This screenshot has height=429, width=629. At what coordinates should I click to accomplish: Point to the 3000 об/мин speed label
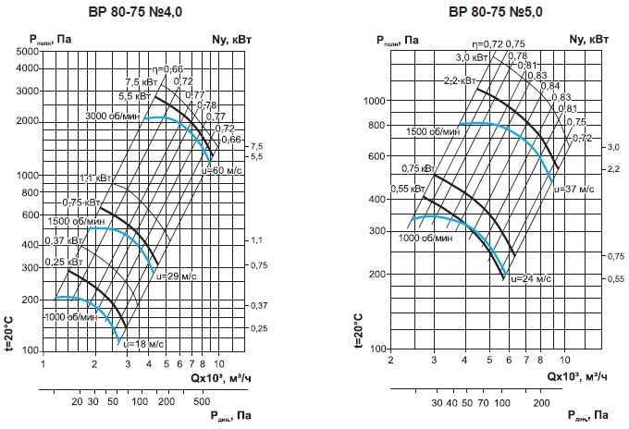click(111, 116)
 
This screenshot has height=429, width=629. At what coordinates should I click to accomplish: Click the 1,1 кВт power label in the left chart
click(94, 178)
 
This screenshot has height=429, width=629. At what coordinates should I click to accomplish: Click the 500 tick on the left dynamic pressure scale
click(201, 403)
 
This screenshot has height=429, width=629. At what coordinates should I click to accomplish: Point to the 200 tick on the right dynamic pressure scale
click(544, 403)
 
